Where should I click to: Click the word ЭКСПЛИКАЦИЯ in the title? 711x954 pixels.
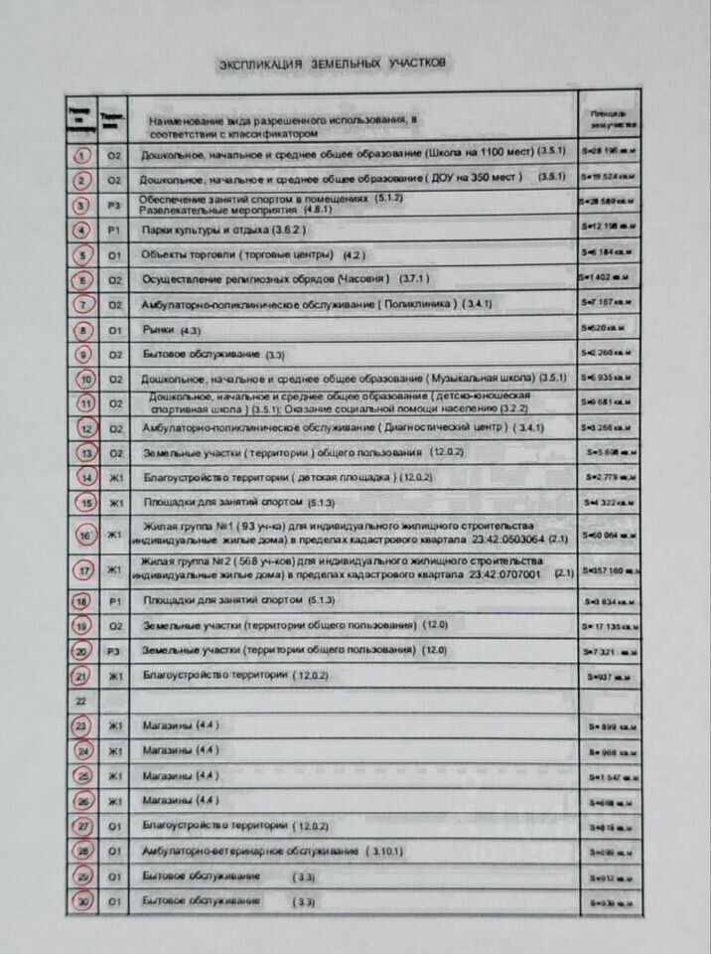pyautogui.click(x=260, y=65)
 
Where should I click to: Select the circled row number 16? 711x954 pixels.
pyautogui.click(x=85, y=537)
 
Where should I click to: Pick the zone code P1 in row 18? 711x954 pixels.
pyautogui.click(x=114, y=601)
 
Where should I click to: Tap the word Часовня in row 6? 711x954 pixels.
pyautogui.click(x=363, y=278)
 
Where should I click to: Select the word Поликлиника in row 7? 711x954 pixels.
pyautogui.click(x=419, y=304)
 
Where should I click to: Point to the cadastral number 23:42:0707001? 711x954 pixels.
pyautogui.click(x=505, y=574)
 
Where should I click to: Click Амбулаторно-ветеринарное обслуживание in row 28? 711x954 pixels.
pyautogui.click(x=249, y=852)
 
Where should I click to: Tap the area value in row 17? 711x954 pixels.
pyautogui.click(x=608, y=571)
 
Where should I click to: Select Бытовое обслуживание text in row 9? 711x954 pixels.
pyautogui.click(x=202, y=354)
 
